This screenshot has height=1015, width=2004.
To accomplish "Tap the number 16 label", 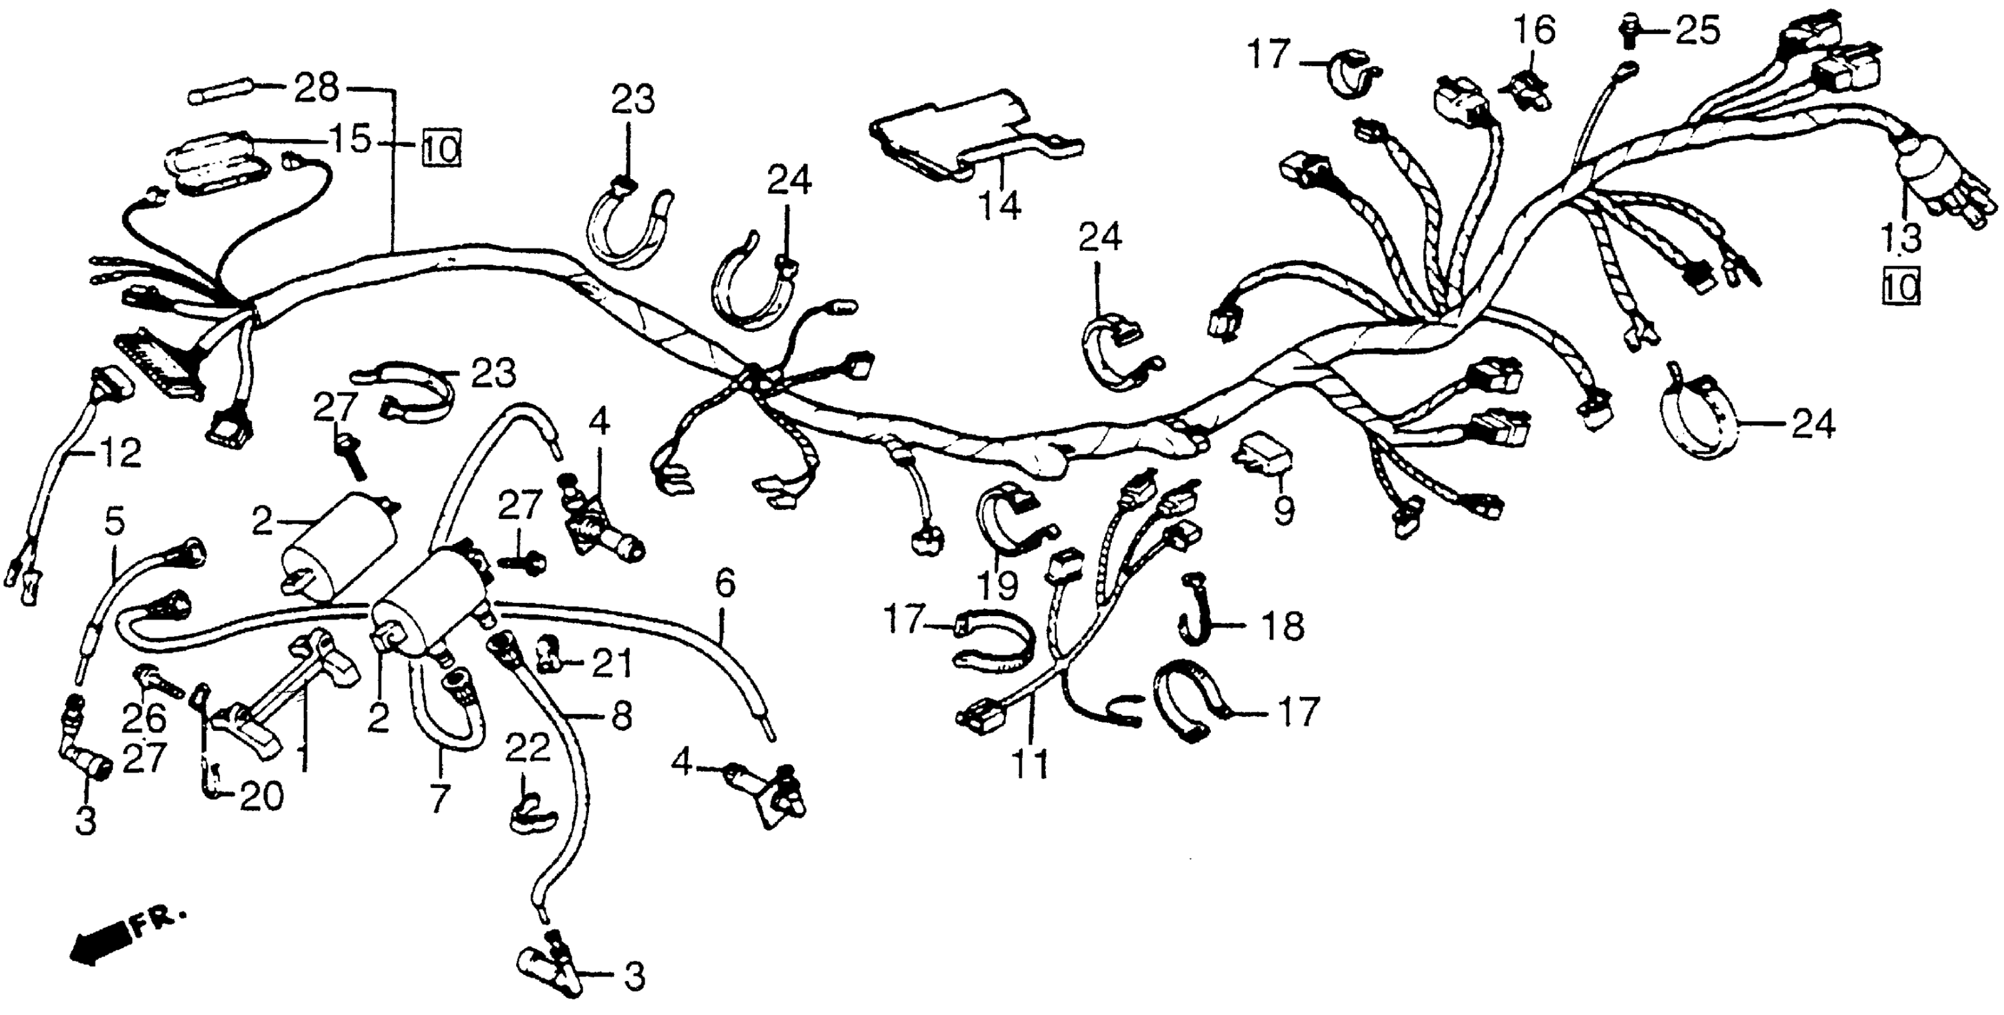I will click(1533, 30).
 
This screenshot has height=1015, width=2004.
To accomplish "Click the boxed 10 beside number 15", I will click(442, 147).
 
